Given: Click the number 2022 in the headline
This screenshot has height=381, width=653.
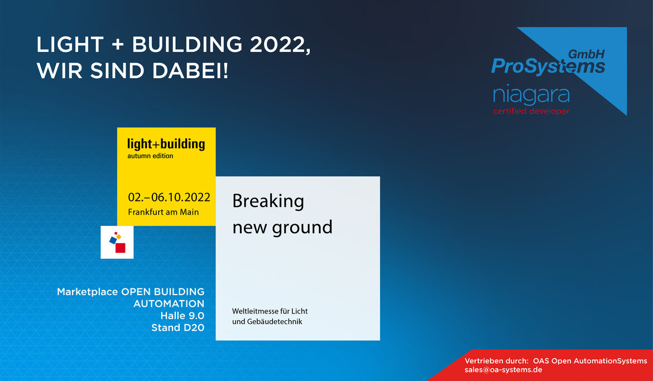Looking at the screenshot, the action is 280,45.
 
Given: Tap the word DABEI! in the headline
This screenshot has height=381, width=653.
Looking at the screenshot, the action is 190,71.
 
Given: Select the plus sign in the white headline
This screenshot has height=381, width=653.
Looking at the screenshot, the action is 118,45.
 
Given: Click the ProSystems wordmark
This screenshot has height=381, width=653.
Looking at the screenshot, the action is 548,66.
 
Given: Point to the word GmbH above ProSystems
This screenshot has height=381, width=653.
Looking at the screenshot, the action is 587,54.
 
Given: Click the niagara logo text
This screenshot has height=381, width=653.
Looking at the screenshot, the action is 531,95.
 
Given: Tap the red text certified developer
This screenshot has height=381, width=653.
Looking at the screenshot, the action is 531,111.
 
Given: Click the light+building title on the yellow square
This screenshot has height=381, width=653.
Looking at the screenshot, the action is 166,144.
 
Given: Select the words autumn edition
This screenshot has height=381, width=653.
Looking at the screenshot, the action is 150,156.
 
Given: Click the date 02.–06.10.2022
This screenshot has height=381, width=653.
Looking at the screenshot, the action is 169,197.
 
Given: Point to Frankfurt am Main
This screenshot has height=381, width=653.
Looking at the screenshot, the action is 163,212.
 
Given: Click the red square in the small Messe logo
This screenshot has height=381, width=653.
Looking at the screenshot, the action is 121,248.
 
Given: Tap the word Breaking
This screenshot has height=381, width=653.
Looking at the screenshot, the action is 268,201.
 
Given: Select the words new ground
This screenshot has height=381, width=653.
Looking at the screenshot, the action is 282,228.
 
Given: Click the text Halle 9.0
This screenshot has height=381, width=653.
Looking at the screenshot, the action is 183,316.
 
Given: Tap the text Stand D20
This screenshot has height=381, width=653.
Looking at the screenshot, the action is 178,327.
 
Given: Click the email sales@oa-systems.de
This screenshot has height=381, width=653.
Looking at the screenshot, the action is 503,370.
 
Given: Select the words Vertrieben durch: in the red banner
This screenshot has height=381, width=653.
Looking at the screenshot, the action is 496,361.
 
